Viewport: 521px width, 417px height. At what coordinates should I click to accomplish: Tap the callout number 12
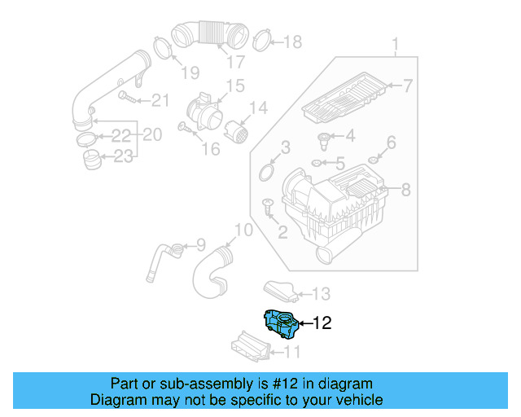click(x=322, y=323)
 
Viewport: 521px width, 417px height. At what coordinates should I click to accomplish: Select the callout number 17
click(x=235, y=62)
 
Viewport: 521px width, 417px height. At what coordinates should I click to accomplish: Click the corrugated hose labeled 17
click(x=210, y=35)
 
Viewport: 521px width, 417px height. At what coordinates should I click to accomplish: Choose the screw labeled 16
click(x=186, y=128)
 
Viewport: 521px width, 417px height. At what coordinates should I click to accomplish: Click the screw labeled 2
click(x=268, y=207)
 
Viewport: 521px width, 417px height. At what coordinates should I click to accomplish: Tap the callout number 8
click(x=405, y=191)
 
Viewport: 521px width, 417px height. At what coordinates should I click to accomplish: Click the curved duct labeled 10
click(x=209, y=273)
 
